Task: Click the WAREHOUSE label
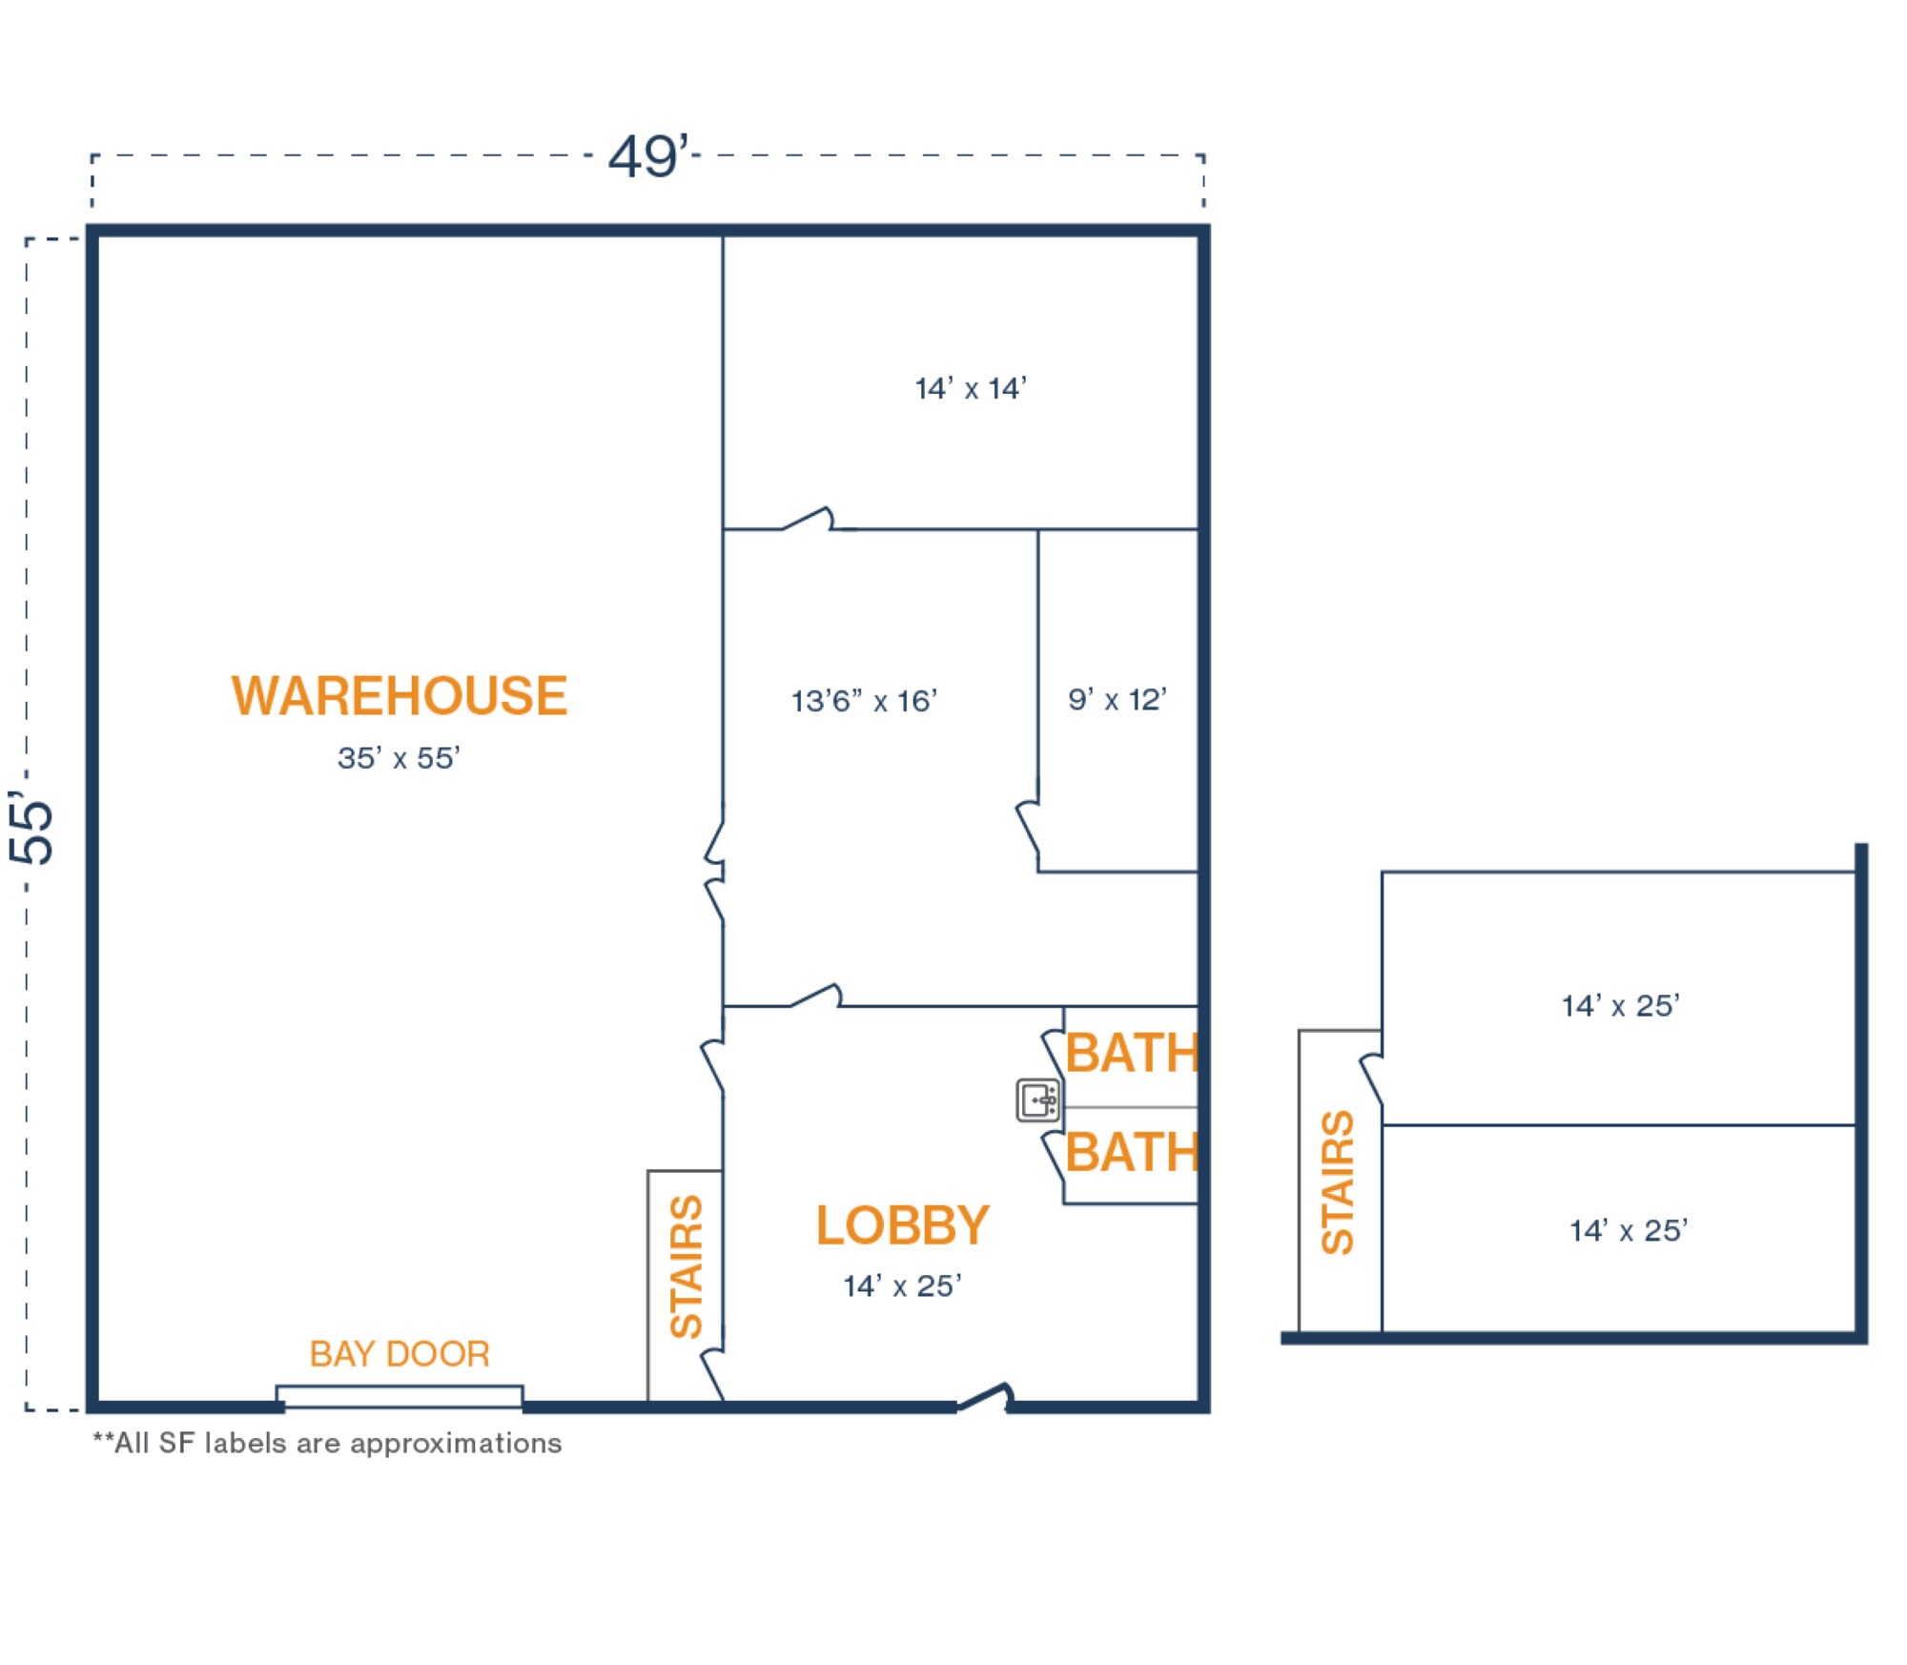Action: point(400,696)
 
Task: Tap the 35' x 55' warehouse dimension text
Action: point(399,758)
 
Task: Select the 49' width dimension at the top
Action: point(648,155)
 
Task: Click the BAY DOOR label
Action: point(400,1354)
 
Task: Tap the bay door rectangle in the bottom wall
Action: point(400,1396)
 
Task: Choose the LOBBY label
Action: point(902,1225)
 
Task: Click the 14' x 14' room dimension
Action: point(971,389)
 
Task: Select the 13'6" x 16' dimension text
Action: point(864,702)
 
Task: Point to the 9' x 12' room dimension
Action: point(1117,700)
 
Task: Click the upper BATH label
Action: point(1132,1054)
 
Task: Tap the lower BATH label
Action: point(1132,1153)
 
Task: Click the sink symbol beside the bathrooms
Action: point(1038,1100)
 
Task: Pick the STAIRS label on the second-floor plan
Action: point(1338,1182)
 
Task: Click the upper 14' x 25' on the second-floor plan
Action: point(1620,1006)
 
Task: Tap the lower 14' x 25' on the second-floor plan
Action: point(1629,1231)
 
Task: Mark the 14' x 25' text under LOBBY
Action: point(902,1286)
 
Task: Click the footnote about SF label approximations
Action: point(327,1444)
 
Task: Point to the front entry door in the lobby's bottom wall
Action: point(984,1398)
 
